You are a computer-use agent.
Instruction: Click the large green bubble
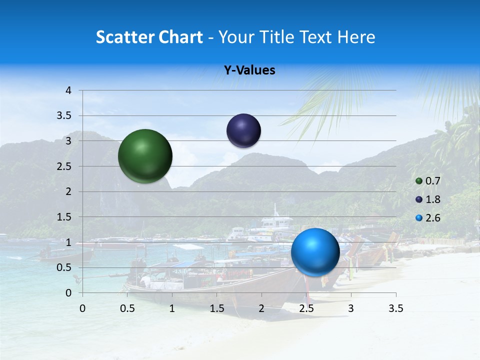[x=145, y=156]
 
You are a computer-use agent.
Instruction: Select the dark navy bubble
[x=243, y=131]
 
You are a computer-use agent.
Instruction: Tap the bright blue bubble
[x=315, y=252]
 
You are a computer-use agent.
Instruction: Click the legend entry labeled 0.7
[x=428, y=181]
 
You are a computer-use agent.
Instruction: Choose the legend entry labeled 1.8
[x=428, y=199]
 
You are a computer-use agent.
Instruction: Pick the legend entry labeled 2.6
[x=428, y=218]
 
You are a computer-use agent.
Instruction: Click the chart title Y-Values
[x=249, y=70]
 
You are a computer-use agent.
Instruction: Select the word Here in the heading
[x=355, y=37]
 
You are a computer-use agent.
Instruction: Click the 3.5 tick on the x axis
[x=395, y=308]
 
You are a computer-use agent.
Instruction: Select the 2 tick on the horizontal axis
[x=261, y=308]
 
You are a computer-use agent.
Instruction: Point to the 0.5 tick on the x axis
[x=127, y=308]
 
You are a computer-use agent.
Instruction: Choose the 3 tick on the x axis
[x=351, y=308]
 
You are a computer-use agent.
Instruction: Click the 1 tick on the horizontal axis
[x=172, y=308]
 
